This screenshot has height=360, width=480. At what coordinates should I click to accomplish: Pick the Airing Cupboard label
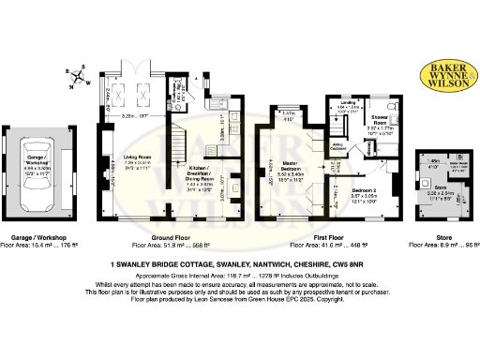point(338,147)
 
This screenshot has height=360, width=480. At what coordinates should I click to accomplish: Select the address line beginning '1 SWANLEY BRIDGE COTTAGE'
point(239,265)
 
